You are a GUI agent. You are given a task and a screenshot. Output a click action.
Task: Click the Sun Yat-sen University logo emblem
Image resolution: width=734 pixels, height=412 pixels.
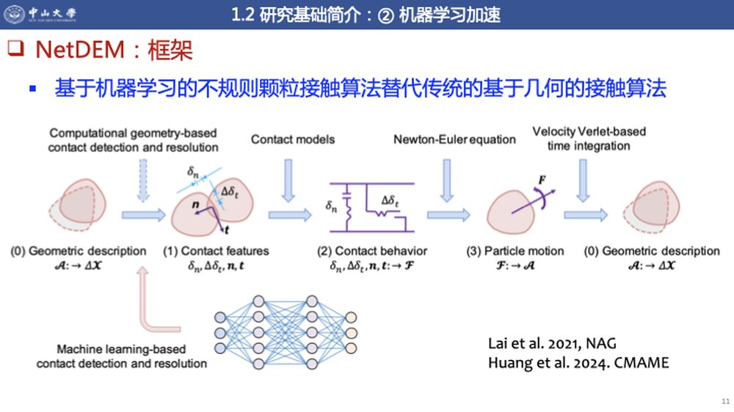point(15,13)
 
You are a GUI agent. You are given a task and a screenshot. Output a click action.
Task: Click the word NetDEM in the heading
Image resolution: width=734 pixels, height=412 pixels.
point(80,50)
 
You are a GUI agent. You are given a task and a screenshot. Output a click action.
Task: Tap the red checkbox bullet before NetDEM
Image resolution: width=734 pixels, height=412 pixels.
point(15,48)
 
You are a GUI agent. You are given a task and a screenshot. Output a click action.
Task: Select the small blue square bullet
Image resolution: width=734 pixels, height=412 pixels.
point(33,89)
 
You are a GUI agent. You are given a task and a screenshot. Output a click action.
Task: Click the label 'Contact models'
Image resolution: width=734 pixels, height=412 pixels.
point(293,139)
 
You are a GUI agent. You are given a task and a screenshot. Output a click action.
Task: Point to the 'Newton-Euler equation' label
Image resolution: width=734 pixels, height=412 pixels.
point(454,139)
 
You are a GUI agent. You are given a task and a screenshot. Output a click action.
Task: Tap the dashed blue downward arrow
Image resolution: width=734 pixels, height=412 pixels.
point(143,180)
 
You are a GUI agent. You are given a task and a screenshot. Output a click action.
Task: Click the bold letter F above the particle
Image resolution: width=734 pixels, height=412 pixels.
point(542,180)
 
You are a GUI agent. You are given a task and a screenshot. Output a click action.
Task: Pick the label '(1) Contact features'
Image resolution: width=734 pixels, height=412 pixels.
point(216,251)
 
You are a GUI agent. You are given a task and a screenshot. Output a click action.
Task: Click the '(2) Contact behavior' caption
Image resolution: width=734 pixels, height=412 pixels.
point(372,251)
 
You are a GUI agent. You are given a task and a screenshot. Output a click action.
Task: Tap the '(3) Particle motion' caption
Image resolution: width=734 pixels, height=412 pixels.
point(515,251)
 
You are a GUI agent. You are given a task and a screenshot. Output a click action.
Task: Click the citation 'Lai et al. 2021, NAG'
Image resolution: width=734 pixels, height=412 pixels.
point(552,344)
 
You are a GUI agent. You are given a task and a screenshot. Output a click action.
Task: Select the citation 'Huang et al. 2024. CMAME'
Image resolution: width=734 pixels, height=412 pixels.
point(578,364)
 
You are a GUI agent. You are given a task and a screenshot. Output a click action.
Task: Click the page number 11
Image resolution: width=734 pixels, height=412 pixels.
point(726,401)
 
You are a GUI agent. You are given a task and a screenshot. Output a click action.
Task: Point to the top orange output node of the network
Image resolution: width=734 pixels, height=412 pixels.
point(351,318)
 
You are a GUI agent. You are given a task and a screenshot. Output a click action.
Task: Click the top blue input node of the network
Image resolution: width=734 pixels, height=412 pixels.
point(220,318)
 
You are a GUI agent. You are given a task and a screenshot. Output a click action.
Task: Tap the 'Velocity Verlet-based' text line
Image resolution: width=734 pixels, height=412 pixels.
point(589,131)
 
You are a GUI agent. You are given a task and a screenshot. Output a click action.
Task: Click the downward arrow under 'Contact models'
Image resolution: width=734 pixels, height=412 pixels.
point(288,180)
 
